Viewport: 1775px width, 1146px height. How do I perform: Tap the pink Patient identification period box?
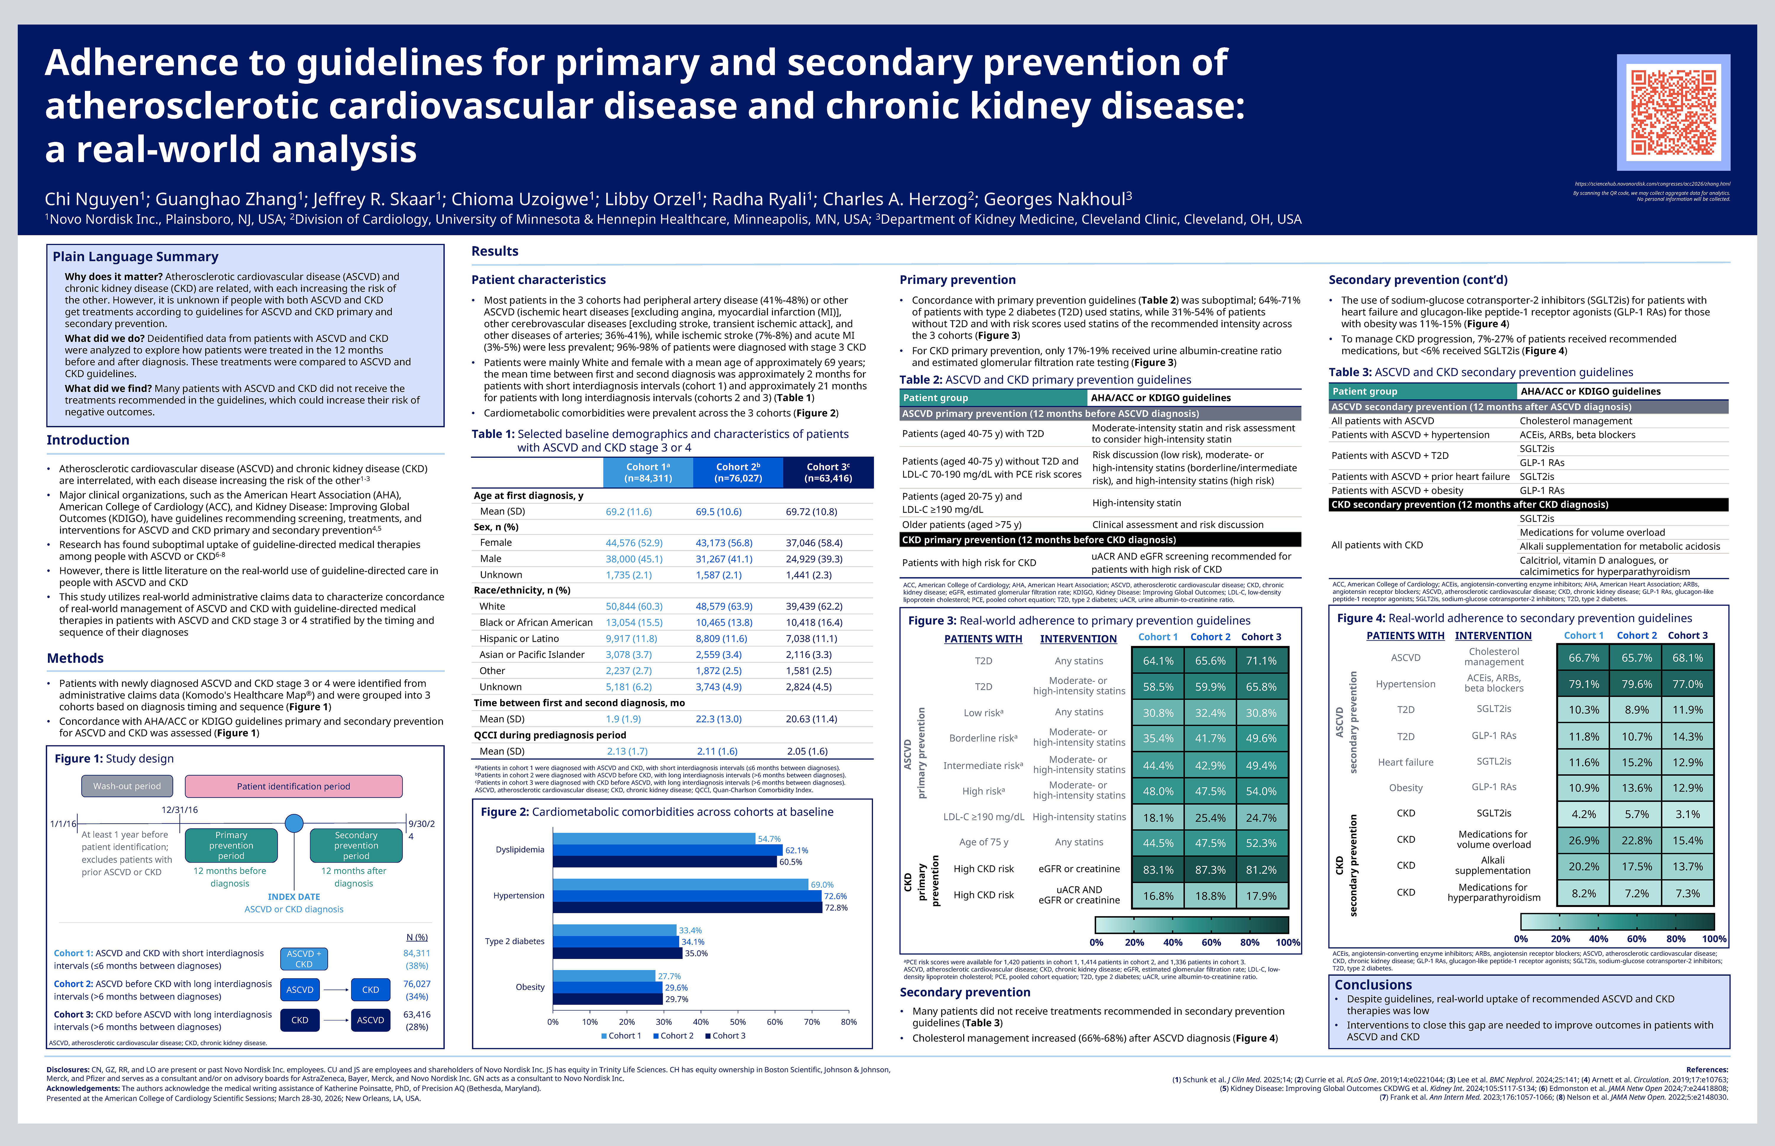click(x=293, y=786)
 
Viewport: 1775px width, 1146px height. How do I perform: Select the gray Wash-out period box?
click(x=126, y=786)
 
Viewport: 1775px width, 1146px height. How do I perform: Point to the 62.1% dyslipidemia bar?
click(x=667, y=850)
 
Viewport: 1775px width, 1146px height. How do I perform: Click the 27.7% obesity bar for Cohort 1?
click(x=604, y=976)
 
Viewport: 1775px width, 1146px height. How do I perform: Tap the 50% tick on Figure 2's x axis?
click(x=738, y=1022)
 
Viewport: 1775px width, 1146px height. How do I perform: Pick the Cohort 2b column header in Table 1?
click(x=738, y=472)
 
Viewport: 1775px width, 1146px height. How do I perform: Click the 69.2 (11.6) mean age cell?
click(x=629, y=512)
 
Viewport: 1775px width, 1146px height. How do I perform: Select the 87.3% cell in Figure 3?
click(x=1210, y=869)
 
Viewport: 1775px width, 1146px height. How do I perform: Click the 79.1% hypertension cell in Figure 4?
click(x=1584, y=684)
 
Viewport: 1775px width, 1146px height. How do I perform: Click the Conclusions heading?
click(x=1373, y=984)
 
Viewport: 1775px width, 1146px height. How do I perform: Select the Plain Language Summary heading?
click(x=135, y=257)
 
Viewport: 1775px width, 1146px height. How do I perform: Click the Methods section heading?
click(x=75, y=658)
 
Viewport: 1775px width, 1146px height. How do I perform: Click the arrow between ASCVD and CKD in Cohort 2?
click(x=335, y=990)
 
